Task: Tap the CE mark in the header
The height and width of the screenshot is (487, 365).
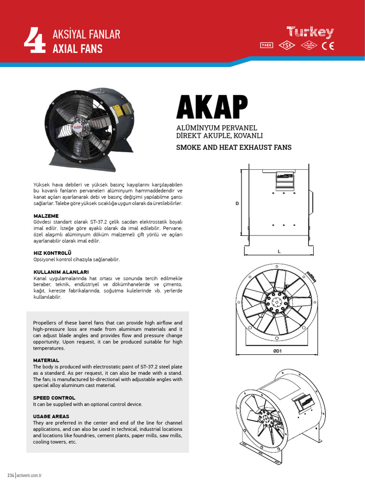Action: click(x=328, y=46)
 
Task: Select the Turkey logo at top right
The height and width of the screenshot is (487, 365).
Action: click(x=310, y=33)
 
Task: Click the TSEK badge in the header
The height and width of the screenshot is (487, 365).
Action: click(x=267, y=46)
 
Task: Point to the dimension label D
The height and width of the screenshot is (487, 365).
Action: click(x=237, y=203)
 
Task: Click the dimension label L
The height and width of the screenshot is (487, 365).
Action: click(x=279, y=251)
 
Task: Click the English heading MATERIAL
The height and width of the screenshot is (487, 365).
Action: click(x=46, y=360)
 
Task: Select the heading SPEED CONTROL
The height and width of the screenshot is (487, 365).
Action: click(x=54, y=398)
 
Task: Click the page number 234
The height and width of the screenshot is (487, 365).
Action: click(x=10, y=476)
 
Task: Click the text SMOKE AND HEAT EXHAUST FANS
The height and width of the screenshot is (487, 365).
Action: click(x=234, y=147)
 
